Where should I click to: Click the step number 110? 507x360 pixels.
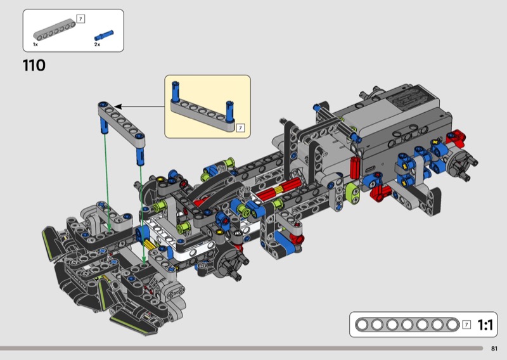34,65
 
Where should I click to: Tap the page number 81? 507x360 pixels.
494,349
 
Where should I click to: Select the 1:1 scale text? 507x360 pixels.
485,325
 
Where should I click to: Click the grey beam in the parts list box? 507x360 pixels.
55,30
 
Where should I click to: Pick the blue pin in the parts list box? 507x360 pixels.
104,35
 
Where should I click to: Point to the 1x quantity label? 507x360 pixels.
35,44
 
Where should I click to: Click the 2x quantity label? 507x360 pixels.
97,44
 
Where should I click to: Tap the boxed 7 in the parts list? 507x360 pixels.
80,19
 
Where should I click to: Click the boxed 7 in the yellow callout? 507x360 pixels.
240,128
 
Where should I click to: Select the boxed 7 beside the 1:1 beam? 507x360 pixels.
466,325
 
